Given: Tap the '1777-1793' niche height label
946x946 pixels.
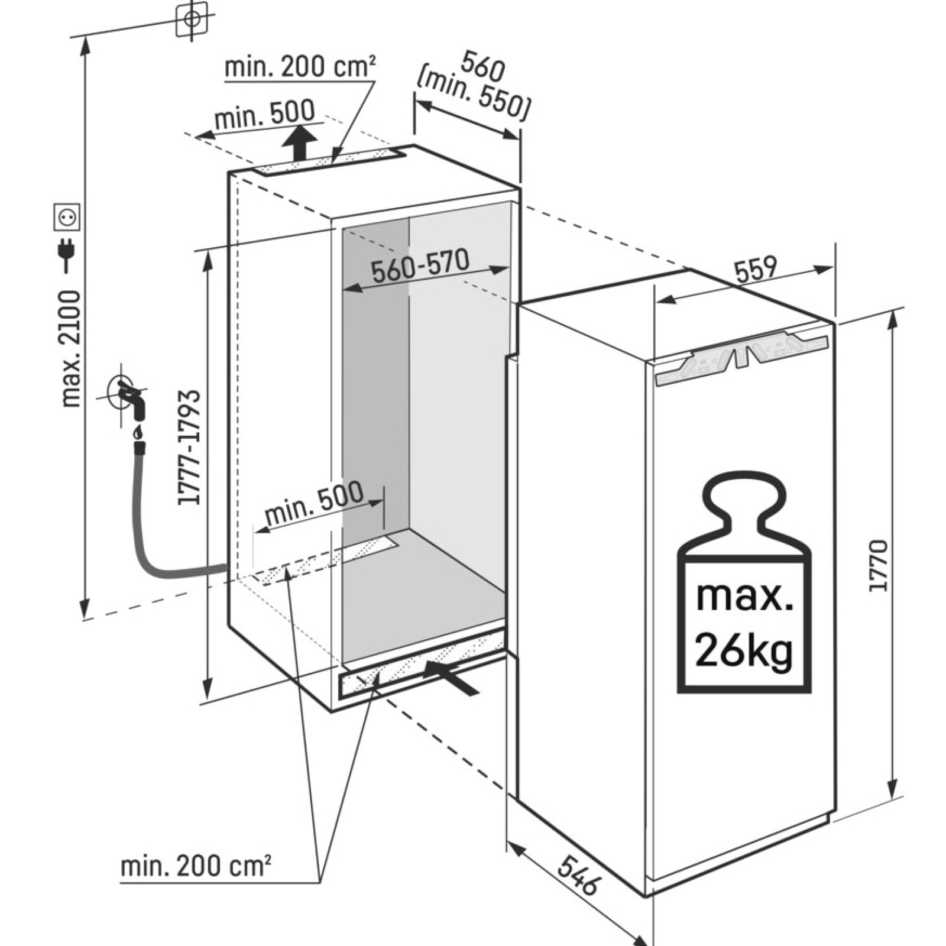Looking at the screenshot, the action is pyautogui.click(x=190, y=447).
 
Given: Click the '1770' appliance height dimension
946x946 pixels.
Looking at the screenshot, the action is pyautogui.click(x=879, y=565).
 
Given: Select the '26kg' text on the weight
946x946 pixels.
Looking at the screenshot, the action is pyautogui.click(x=744, y=649).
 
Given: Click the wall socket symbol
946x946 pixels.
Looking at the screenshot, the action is pyautogui.click(x=67, y=217).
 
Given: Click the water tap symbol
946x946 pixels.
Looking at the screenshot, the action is pyautogui.click(x=128, y=395).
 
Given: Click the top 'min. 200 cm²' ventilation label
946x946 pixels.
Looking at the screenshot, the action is pyautogui.click(x=300, y=66).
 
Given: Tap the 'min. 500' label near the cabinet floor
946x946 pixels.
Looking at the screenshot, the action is pyautogui.click(x=313, y=504).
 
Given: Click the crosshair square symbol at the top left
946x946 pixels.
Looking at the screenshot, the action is pyautogui.click(x=192, y=18).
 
